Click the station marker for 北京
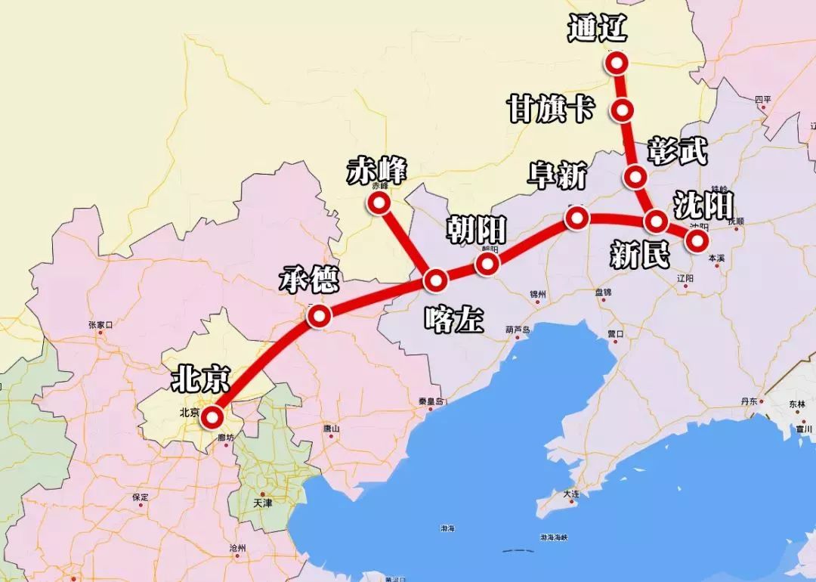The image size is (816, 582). point(212,416)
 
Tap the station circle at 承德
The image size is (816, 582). point(319,317)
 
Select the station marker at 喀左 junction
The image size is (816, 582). point(436,280)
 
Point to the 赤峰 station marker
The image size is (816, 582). point(377,203)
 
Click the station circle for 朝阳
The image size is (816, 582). point(487,263)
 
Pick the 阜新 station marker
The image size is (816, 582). point(577,218)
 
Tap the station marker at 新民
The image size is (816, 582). point(655,221)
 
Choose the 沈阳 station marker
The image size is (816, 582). point(696,240)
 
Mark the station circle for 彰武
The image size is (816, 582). point(635,178)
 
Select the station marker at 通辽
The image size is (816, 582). point(618,63)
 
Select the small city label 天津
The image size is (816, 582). point(262,502)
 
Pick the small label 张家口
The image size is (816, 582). point(100,325)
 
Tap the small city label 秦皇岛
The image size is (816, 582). point(429,401)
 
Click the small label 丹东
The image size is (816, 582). point(750,401)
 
